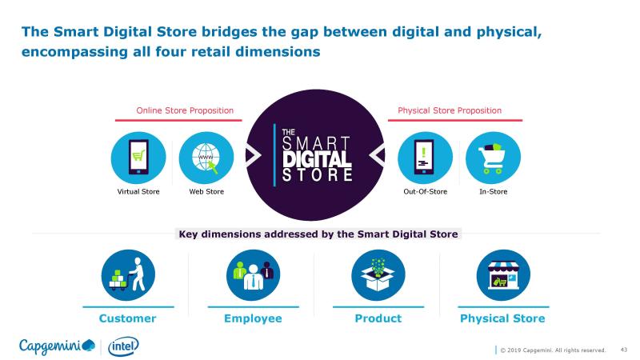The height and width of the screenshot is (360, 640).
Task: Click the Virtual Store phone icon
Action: click(138, 158)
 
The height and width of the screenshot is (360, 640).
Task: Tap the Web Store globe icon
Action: click(206, 158)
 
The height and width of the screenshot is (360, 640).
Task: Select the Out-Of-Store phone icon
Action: click(425, 158)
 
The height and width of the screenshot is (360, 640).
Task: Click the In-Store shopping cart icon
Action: click(493, 158)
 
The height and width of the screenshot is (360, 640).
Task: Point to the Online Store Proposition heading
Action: click(185, 110)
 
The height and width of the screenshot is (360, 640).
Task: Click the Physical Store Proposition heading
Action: click(450, 110)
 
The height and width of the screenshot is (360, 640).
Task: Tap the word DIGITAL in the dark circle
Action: click(317, 159)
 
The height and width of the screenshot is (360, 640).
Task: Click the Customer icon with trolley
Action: click(128, 275)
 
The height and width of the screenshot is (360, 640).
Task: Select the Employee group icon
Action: click(253, 275)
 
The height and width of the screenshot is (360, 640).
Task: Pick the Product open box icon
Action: click(378, 275)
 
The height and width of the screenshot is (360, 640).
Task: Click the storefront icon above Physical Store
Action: click(503, 275)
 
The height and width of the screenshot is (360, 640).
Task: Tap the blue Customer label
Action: click(127, 318)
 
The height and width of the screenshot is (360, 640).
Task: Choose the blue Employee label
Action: click(253, 318)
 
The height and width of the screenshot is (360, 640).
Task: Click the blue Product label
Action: click(378, 318)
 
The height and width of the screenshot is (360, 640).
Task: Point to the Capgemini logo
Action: click(57, 346)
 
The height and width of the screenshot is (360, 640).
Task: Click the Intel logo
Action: click(123, 346)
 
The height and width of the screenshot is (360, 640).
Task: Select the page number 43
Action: click(624, 350)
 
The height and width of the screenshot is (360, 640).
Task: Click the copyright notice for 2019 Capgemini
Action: click(553, 350)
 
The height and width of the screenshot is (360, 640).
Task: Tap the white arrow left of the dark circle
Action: click(254, 155)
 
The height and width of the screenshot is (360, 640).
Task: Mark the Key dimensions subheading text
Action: click(318, 234)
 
